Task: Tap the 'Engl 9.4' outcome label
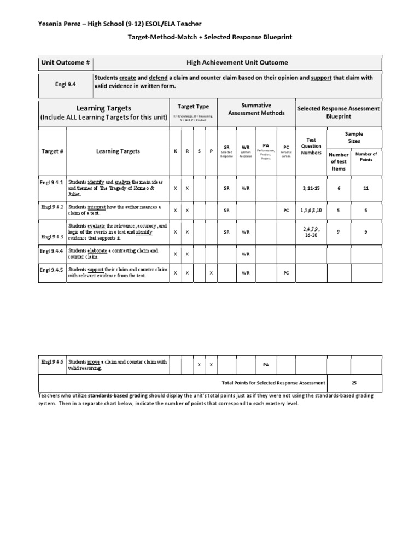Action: (x=52, y=85)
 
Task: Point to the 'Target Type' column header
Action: (x=193, y=106)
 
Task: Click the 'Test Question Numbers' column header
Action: (x=311, y=147)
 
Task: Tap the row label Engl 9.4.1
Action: (x=52, y=182)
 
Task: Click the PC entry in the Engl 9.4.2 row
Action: (x=286, y=210)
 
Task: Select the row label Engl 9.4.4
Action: (x=52, y=251)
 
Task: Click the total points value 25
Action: (x=355, y=383)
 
